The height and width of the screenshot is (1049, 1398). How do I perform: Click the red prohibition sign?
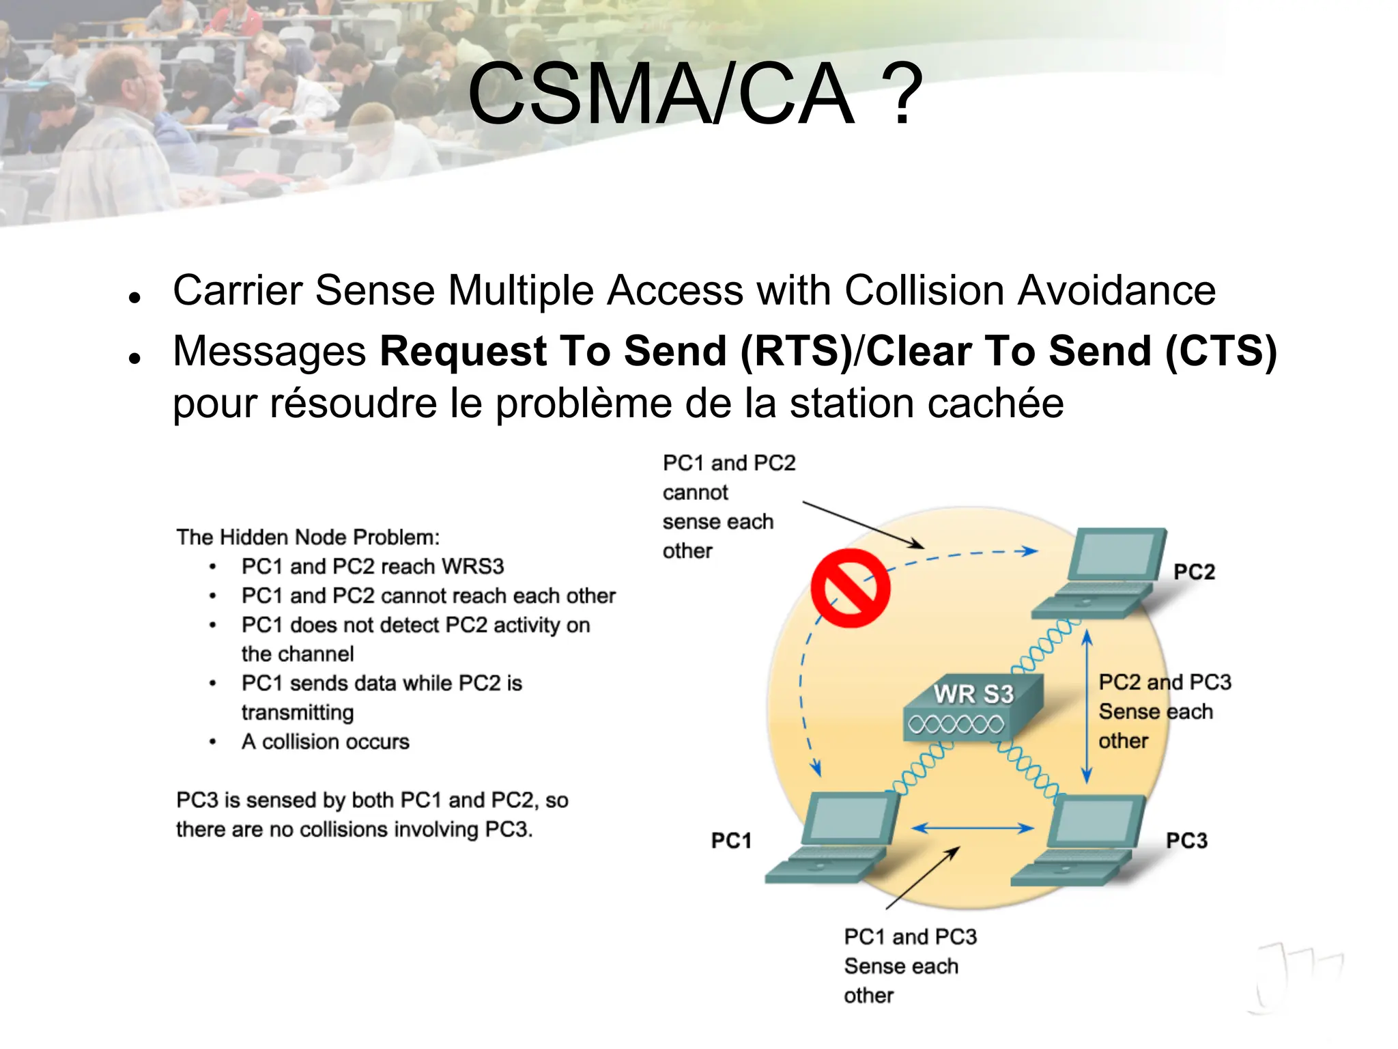[850, 588]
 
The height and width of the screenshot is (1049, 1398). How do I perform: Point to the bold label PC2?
[1194, 572]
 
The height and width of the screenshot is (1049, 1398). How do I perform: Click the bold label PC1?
[731, 841]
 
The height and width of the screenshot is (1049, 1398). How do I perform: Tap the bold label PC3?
[1186, 841]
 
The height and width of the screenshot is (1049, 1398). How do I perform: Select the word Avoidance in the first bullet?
[1117, 290]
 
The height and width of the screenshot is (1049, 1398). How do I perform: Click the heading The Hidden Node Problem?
[308, 537]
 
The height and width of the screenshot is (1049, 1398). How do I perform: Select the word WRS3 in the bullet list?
[472, 567]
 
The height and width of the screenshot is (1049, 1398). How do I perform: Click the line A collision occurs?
[326, 742]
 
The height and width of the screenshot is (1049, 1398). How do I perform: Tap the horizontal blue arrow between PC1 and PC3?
[973, 828]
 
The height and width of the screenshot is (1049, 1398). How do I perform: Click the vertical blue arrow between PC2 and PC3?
[1087, 707]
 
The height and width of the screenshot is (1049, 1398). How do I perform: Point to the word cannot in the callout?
[695, 492]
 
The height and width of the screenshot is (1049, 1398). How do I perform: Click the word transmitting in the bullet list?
[298, 712]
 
